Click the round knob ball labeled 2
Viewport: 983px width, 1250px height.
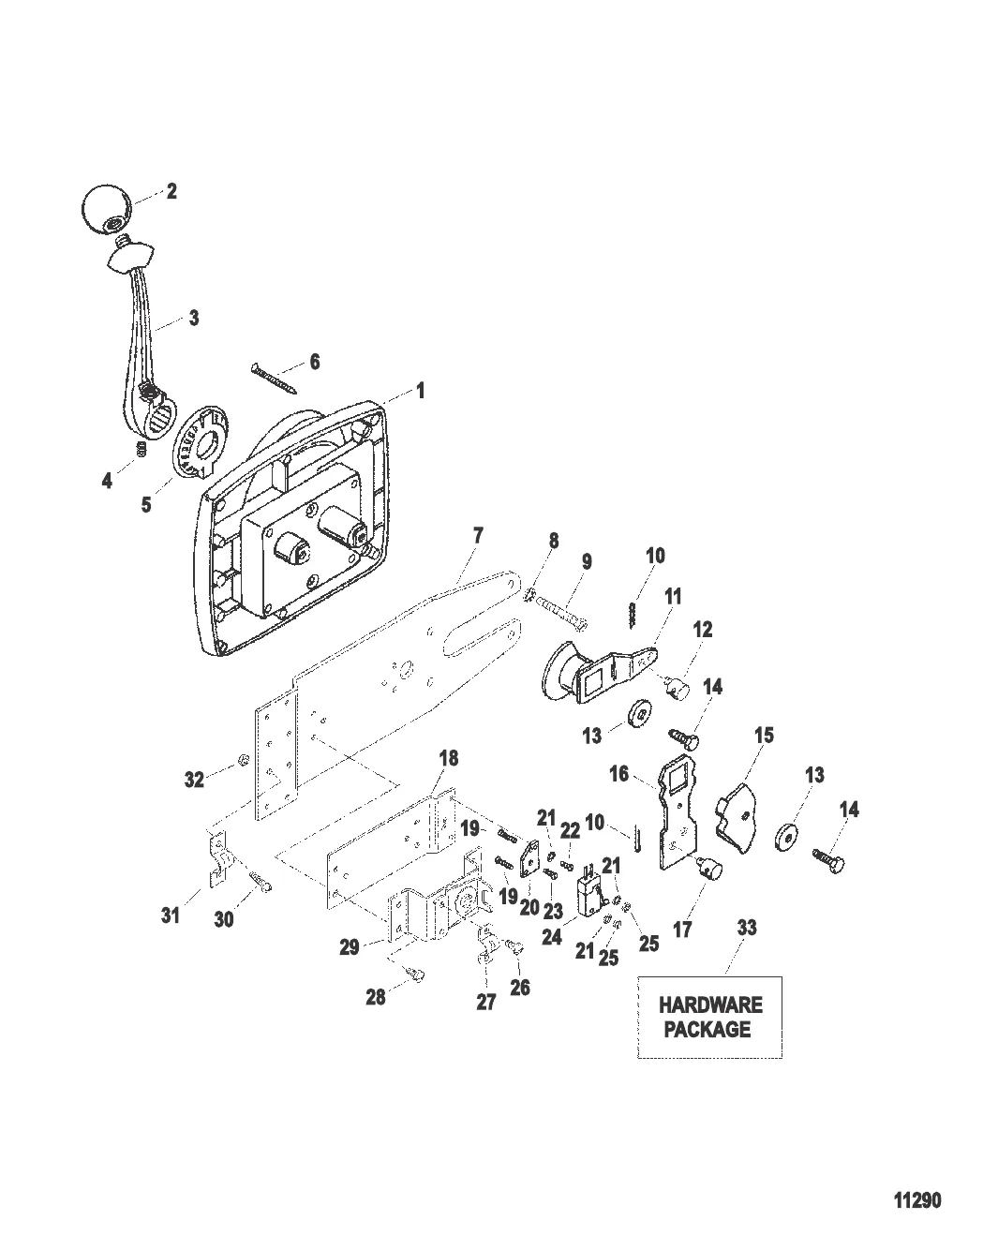[x=106, y=209]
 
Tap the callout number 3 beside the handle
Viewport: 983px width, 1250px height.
[x=194, y=318]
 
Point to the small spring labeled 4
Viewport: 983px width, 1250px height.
[x=140, y=449]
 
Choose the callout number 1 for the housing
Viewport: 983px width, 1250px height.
[x=420, y=391]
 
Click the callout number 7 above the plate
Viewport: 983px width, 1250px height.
[x=478, y=536]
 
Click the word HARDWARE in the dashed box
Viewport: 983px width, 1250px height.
[x=710, y=1004]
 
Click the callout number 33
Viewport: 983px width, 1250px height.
[x=747, y=928]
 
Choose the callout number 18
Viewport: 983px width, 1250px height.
[x=449, y=757]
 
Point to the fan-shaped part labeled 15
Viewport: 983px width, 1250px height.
[x=737, y=820]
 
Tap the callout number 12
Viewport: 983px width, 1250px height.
[x=703, y=629]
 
